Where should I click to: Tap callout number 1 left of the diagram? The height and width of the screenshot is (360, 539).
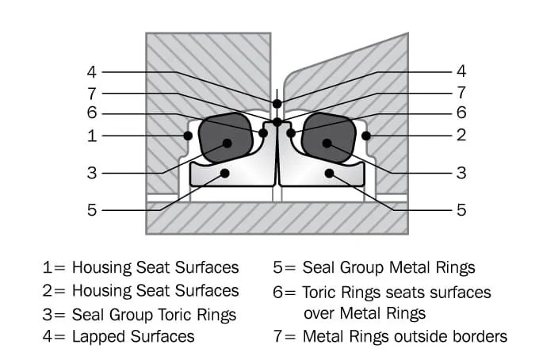tap(91, 136)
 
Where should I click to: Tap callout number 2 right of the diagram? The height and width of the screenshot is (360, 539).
tap(461, 136)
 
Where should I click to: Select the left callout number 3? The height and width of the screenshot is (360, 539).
tap(91, 173)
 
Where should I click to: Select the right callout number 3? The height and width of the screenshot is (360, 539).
tap(461, 173)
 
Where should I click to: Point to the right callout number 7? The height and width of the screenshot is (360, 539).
tap(461, 93)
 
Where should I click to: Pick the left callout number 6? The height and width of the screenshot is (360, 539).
tap(91, 113)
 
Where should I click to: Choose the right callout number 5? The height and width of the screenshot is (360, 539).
tap(461, 211)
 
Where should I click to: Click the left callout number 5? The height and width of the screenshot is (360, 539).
tap(91, 211)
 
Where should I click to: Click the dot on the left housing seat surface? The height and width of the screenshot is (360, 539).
tap(188, 136)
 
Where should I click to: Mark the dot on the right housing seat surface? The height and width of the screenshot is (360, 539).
tap(365, 136)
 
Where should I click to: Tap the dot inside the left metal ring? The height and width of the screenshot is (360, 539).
tap(225, 172)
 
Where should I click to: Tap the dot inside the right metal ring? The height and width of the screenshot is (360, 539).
tap(328, 172)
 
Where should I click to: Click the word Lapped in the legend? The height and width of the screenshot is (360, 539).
tap(98, 336)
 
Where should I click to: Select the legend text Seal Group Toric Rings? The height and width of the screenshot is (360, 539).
tap(154, 314)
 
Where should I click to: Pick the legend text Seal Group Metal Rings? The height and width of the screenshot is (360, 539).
tap(388, 268)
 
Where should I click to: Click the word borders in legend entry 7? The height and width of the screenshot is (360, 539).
tap(479, 336)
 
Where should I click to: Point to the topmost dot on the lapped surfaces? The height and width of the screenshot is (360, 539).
tap(277, 104)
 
